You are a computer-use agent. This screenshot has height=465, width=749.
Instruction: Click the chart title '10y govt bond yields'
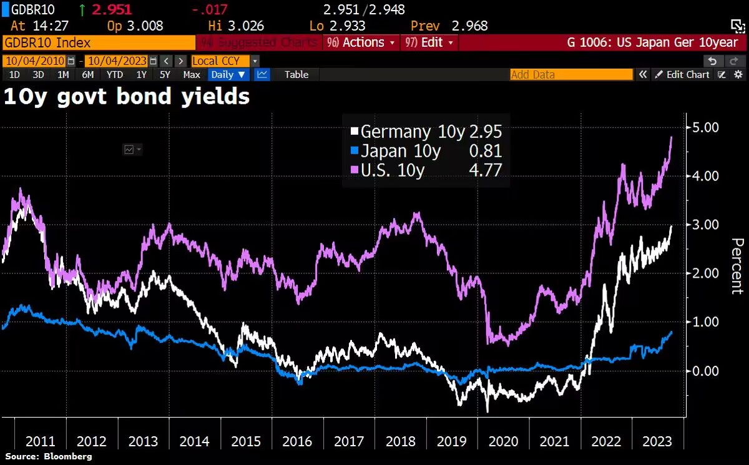point(127,97)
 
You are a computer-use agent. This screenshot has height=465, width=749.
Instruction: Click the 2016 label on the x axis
point(297,441)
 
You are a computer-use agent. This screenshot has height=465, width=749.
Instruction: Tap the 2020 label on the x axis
point(503,441)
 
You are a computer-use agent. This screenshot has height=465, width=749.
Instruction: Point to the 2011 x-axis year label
point(40,441)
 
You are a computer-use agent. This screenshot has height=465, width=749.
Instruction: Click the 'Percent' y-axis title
point(737,266)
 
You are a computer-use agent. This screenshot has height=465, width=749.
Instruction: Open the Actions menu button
point(361,42)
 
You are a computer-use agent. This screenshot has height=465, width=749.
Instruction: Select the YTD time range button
point(114,74)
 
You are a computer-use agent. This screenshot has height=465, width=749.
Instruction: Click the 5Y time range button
point(165,74)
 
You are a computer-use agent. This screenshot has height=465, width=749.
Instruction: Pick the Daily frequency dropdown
point(228,74)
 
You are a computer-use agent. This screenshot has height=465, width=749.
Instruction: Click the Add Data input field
point(571,74)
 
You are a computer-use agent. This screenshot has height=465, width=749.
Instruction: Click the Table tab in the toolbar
point(296,74)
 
